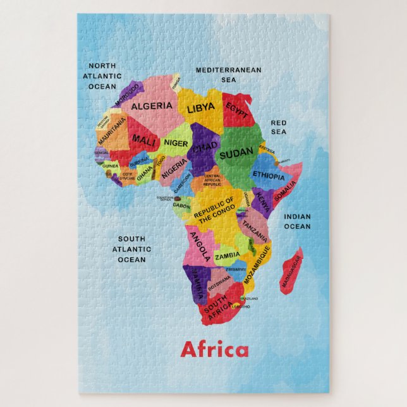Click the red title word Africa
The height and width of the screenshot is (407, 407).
(x=214, y=349)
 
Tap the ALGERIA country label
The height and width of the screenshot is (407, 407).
(x=151, y=106)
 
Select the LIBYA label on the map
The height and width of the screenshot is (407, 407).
(x=201, y=107)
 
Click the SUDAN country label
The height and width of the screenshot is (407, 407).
(x=236, y=152)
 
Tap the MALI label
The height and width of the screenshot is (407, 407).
(x=143, y=140)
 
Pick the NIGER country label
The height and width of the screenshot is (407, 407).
(x=176, y=143)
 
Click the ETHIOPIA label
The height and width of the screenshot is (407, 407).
(x=269, y=175)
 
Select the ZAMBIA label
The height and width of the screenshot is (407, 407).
(x=228, y=256)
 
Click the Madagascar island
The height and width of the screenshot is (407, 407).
(x=292, y=271)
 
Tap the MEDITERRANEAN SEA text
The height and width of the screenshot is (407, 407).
(x=228, y=75)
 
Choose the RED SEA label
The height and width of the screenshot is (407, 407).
(x=279, y=127)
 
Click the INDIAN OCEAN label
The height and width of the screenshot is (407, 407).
(x=297, y=221)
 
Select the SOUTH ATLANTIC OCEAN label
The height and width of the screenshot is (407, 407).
(x=131, y=249)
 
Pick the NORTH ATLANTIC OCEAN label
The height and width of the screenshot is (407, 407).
(x=102, y=76)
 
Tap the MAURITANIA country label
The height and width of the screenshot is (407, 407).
(x=112, y=129)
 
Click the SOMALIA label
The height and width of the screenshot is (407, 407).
(x=286, y=188)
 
